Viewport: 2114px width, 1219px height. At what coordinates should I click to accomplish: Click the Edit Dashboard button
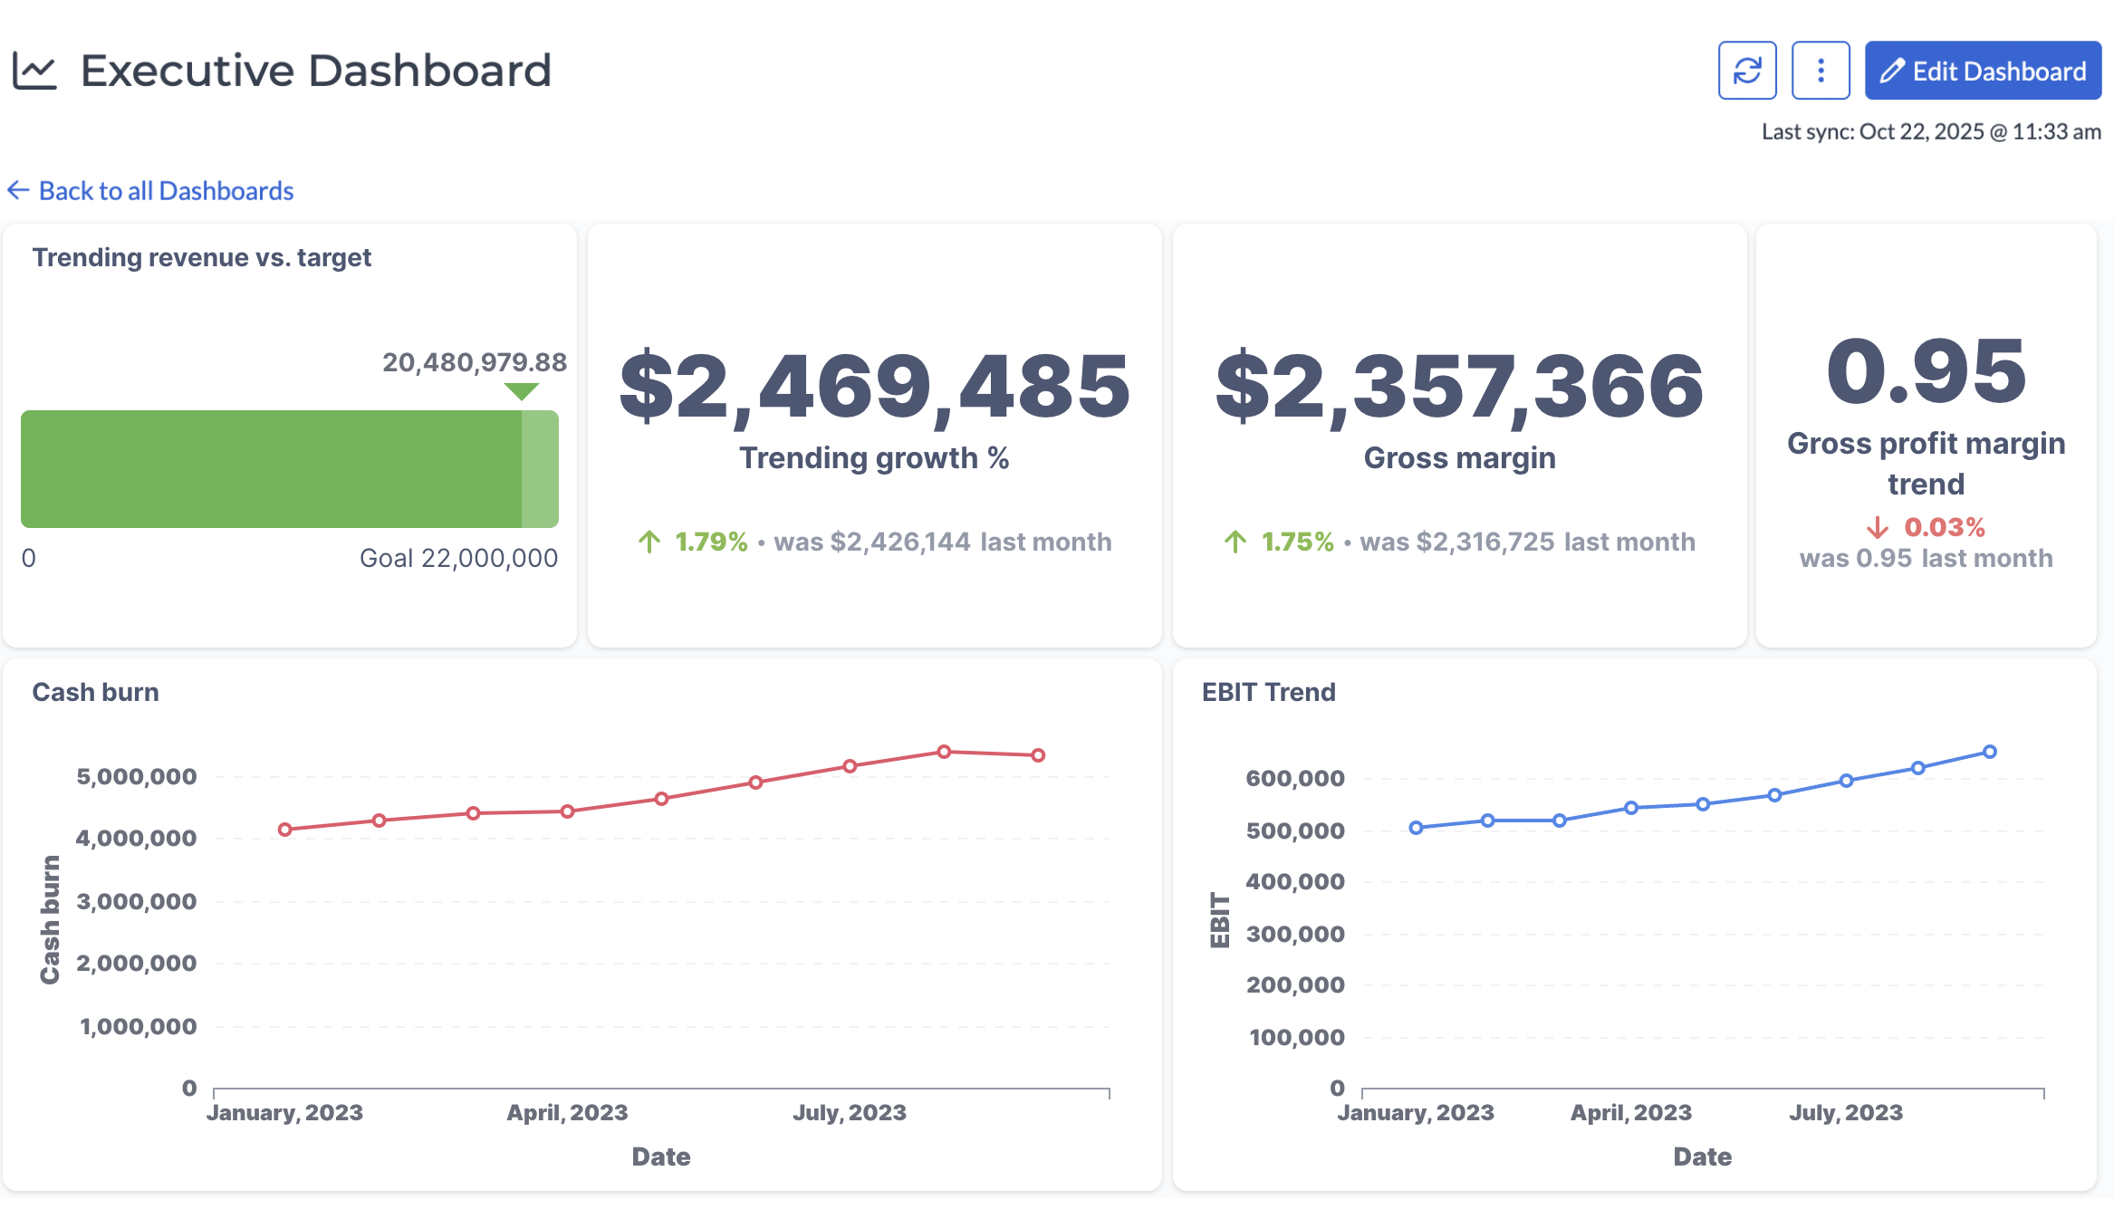[x=1982, y=71]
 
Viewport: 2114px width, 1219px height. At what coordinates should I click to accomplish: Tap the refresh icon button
[x=1746, y=71]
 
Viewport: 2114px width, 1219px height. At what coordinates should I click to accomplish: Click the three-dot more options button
[x=1820, y=71]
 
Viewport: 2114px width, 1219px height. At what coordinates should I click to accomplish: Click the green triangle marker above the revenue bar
[x=522, y=391]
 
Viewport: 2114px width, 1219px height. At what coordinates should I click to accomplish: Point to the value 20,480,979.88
[x=474, y=362]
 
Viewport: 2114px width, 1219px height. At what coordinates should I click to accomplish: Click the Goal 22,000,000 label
[x=458, y=558]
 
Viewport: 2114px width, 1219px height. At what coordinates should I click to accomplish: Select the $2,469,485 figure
[x=874, y=387]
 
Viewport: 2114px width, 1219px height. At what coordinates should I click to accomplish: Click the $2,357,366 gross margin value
[x=1459, y=387]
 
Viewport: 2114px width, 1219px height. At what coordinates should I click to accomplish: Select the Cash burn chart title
[x=95, y=692]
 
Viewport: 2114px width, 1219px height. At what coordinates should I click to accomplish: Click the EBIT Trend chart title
[x=1268, y=692]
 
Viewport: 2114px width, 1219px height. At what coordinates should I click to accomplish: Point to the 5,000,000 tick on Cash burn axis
[x=137, y=777]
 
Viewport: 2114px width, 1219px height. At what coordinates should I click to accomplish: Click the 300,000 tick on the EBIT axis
[x=1295, y=934]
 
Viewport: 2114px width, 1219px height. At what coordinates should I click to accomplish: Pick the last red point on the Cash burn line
[x=1038, y=755]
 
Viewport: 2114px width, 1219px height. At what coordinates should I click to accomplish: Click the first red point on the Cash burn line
[x=285, y=830]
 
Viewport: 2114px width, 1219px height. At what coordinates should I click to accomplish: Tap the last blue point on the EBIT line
[x=1990, y=752]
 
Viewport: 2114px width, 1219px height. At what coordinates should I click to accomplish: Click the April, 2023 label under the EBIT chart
[x=1630, y=1112]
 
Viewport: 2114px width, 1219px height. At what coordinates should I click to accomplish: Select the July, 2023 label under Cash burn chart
[x=850, y=1112]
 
